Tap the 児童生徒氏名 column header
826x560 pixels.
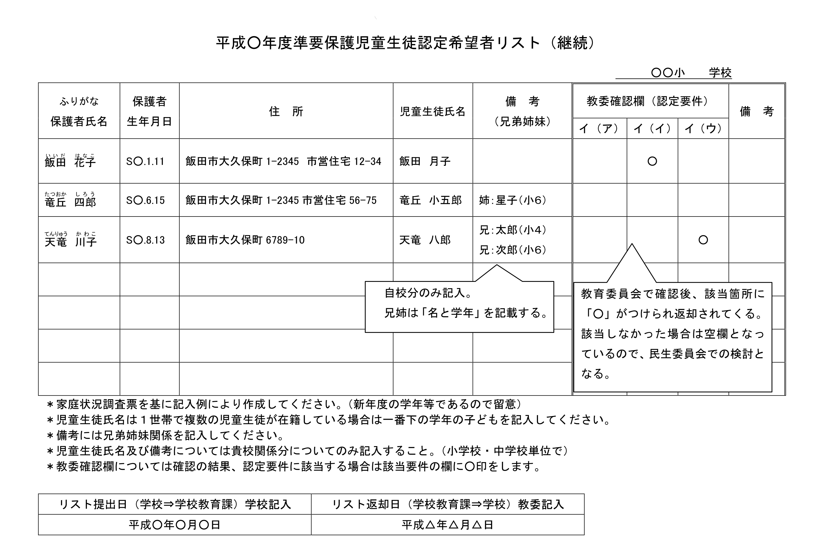coord(432,111)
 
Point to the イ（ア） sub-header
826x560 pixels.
coord(599,129)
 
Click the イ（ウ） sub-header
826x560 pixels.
coord(703,129)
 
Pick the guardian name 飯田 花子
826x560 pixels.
coord(70,162)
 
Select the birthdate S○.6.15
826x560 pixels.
coord(145,200)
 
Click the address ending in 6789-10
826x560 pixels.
coord(245,240)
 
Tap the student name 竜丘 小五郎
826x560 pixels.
coord(430,200)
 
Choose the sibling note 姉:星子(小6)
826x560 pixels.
coord(512,200)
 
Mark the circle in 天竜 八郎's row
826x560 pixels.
coord(703,240)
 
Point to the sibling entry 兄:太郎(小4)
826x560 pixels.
coord(512,230)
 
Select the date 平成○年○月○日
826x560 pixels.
coord(175,525)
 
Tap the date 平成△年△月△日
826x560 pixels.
coord(447,525)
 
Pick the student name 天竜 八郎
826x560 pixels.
coord(425,240)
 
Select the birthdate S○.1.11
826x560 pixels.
coord(145,162)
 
